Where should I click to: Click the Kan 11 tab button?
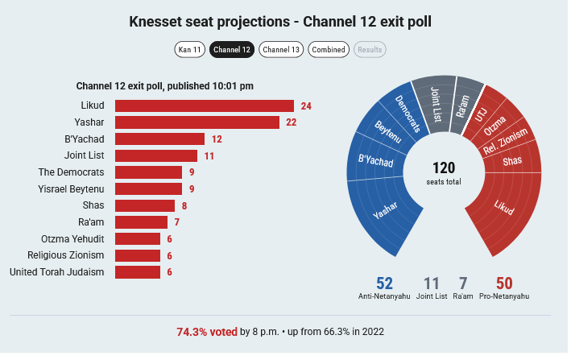click(190, 49)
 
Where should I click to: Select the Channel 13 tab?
click(281, 49)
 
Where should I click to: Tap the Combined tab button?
click(329, 49)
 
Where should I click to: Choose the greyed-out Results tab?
click(370, 49)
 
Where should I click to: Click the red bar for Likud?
click(205, 106)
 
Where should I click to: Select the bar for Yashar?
click(197, 122)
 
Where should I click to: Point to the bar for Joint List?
click(156, 155)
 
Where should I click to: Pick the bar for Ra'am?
click(141, 222)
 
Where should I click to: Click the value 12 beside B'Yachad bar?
click(217, 139)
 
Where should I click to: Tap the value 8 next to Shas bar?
click(184, 206)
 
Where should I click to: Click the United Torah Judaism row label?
click(57, 272)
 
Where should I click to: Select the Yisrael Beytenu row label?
click(71, 189)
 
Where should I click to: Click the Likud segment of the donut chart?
click(504, 209)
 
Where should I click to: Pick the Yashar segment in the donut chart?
click(384, 211)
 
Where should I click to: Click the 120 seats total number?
click(444, 168)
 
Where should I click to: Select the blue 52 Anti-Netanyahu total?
click(384, 283)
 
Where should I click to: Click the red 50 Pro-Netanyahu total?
click(504, 283)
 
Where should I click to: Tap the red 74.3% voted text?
click(207, 332)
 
